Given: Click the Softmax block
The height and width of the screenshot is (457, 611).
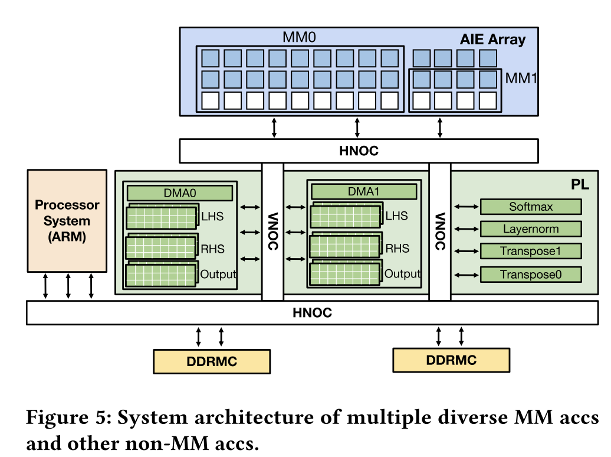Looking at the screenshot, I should coord(531,207).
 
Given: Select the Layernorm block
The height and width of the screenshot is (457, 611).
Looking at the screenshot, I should coord(531,229).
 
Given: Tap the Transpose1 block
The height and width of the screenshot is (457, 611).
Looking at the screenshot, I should coord(531,252).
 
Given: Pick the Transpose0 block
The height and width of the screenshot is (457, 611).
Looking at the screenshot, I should coord(531,275).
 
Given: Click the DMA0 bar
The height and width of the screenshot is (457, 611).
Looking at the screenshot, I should coord(180,192).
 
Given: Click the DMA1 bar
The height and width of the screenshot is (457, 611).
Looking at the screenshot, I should coord(364,191).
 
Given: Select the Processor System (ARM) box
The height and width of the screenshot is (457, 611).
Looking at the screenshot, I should coord(67,221).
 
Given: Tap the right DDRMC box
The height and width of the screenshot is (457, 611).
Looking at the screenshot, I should coord(451,360).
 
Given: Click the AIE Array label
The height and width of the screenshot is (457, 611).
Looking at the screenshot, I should coord(492,40).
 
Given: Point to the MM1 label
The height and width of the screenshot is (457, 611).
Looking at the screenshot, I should coord(521,78).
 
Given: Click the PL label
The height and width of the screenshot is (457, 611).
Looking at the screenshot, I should coord(580,185).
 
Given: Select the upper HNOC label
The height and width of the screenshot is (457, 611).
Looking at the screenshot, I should coord(359,151).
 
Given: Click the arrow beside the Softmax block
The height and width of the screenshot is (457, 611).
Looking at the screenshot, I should coord(467,207).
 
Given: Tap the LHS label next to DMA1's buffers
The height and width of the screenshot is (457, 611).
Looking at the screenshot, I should coord(396,216).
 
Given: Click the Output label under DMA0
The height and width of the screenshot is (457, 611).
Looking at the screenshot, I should coord(218,274).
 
